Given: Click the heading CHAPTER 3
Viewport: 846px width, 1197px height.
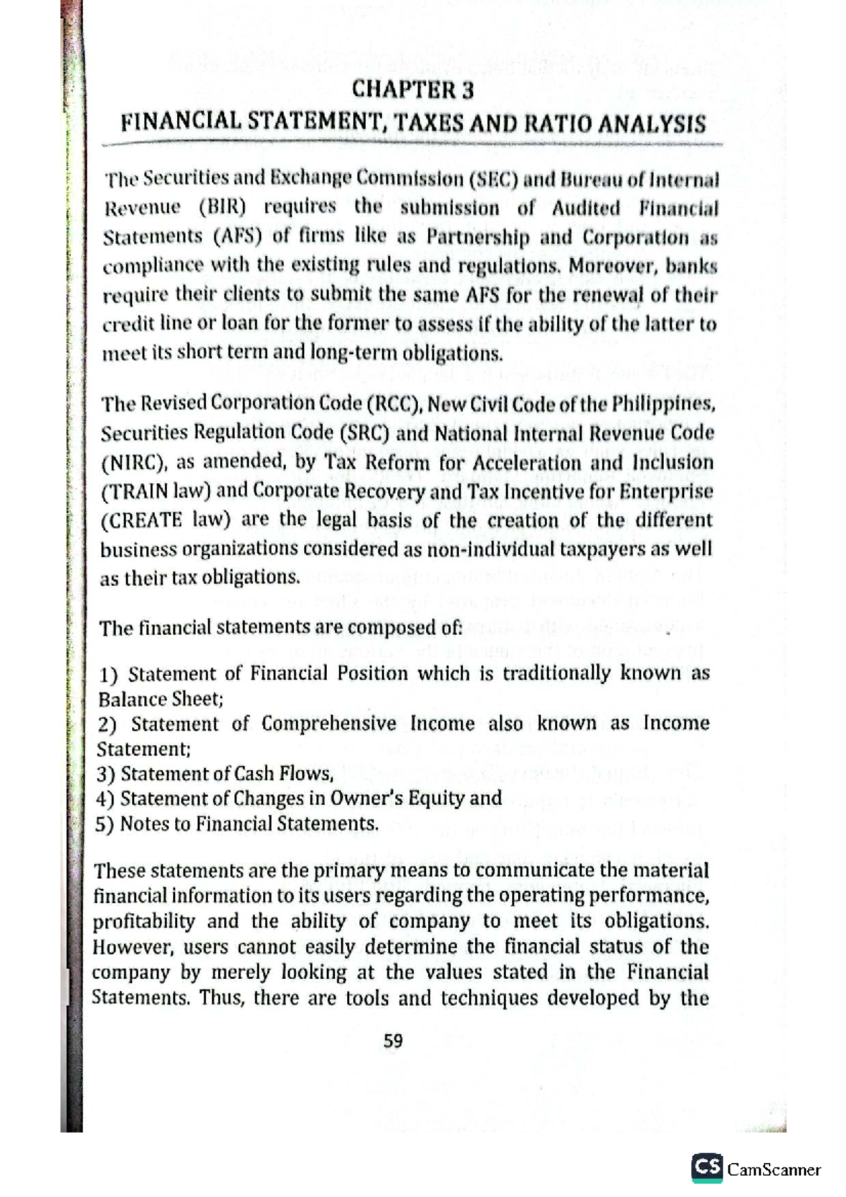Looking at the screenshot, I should coord(412,90).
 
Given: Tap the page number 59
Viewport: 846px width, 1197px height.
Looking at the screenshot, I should coord(393,1041).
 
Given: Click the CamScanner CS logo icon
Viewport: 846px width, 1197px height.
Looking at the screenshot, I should coord(707,1167).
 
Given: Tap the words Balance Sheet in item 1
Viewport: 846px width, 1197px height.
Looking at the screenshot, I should coord(160,699).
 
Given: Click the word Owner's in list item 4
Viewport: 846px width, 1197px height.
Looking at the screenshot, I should coord(366,799).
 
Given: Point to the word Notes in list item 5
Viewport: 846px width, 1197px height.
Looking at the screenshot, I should coord(143,824).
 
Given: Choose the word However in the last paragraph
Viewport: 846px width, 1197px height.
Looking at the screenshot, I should coord(125,947).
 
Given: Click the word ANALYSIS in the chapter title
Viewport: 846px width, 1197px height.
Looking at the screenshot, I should coord(651,124).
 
